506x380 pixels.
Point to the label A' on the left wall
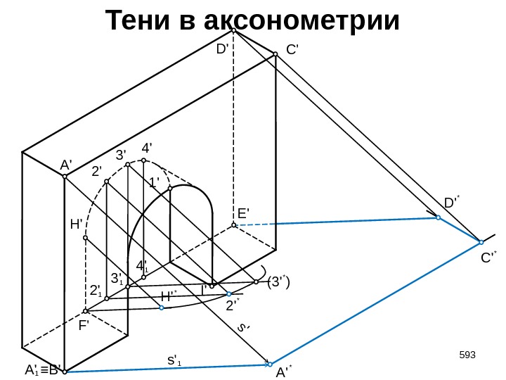(x=66, y=165)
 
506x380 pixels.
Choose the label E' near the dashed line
(x=244, y=213)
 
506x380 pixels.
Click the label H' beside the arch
(x=77, y=224)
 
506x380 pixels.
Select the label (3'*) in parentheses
(x=278, y=282)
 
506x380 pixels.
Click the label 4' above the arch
(x=147, y=149)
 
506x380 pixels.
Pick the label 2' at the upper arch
(x=97, y=170)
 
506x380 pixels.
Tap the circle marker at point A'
(x=64, y=177)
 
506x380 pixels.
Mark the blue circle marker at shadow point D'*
(x=437, y=218)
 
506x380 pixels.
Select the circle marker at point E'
(x=233, y=225)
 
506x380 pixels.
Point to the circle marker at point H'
(x=85, y=238)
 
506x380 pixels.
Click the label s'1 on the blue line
(x=174, y=361)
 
